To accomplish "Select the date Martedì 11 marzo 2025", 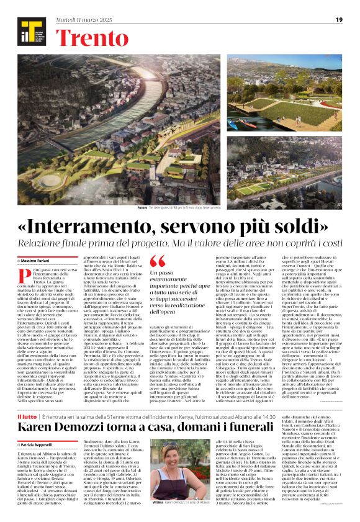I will tap(95, 20).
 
